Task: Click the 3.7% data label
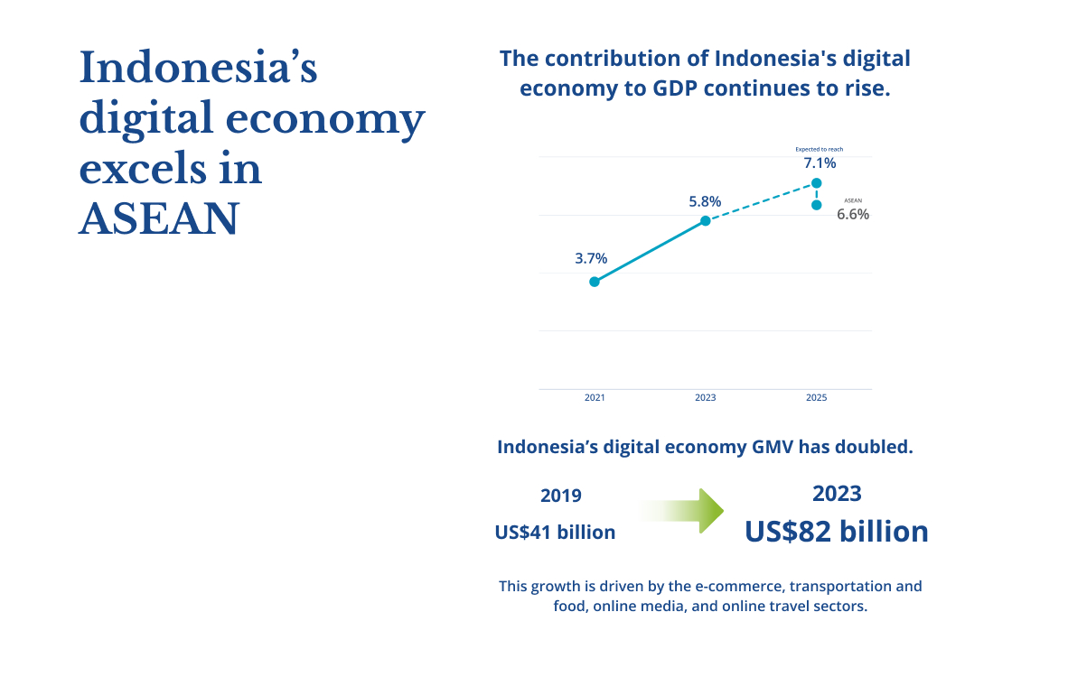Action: pos(591,258)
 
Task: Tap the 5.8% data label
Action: pos(705,201)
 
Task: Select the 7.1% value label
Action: pos(820,162)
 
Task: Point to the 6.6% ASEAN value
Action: pos(853,214)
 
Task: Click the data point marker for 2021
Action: pos(595,282)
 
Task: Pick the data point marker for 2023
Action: pos(706,220)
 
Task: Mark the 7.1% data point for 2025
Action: pos(817,183)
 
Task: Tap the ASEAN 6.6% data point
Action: pos(817,205)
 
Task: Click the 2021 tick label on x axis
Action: pos(595,397)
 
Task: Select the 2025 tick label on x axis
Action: pos(817,397)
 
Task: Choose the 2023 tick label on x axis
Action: pos(706,397)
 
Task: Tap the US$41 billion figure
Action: pos(555,532)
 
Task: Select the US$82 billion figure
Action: pos(837,532)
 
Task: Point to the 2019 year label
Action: pos(560,496)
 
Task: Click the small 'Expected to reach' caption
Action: pos(820,149)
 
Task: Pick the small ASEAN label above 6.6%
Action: pos(854,200)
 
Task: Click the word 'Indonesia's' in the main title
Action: pos(198,68)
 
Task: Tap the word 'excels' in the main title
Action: pos(143,168)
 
